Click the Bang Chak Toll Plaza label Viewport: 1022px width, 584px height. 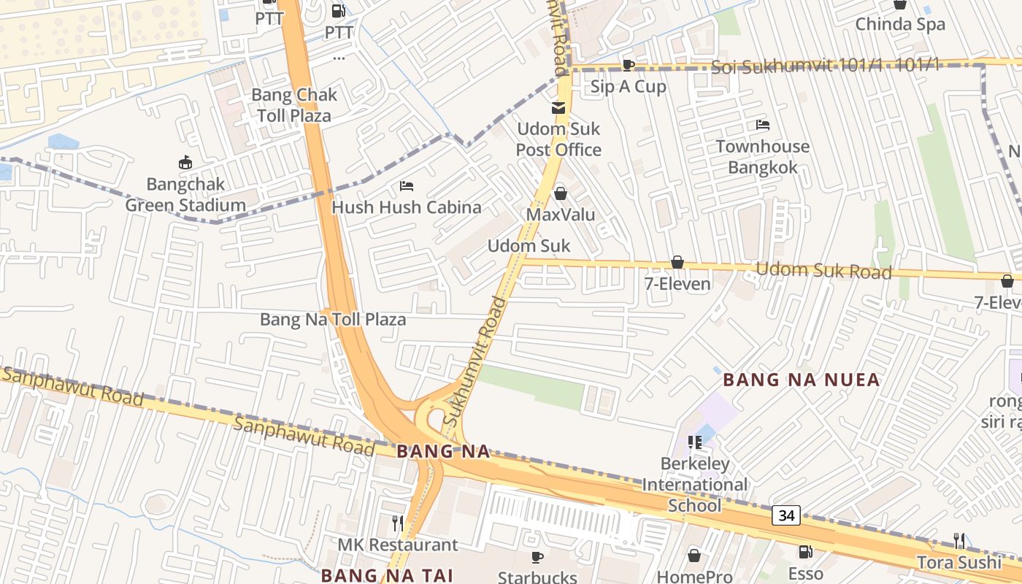pos(294,105)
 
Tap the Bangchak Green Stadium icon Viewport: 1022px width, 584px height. pos(185,162)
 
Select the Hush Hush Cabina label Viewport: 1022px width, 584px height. pos(407,207)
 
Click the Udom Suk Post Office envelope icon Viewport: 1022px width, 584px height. pos(558,108)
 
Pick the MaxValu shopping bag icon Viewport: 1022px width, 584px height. pos(561,193)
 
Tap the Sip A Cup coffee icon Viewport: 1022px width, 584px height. pos(628,65)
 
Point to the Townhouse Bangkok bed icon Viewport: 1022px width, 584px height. pos(763,125)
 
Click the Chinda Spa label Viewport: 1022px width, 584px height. pos(900,24)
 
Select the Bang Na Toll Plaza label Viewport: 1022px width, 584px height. pos(333,320)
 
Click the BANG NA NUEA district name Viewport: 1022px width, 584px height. pos(802,380)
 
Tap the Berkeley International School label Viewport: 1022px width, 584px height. pos(695,485)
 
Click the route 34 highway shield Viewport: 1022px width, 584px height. pos(786,515)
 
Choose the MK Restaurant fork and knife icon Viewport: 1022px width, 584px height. pos(398,523)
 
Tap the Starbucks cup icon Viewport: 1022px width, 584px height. pos(537,558)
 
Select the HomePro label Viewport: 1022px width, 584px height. pos(694,577)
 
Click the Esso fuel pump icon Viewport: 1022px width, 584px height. pos(806,552)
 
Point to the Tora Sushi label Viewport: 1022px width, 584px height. pos(959,562)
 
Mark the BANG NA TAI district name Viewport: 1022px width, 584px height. pos(388,575)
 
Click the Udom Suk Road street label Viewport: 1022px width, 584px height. pos(823,271)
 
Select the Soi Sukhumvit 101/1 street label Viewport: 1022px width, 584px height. pos(825,66)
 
